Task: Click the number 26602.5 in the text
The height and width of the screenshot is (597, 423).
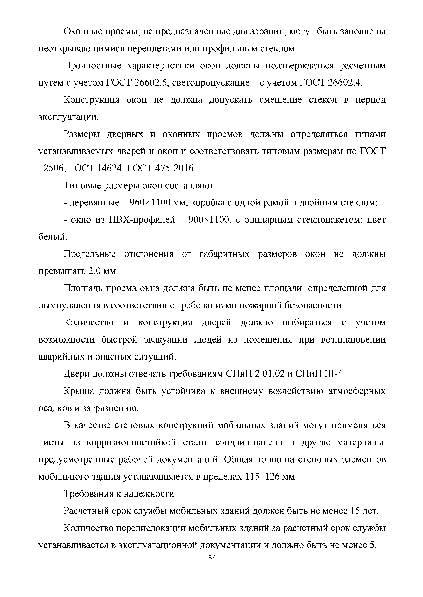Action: click(150, 83)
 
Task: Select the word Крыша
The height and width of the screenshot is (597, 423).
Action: click(79, 391)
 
